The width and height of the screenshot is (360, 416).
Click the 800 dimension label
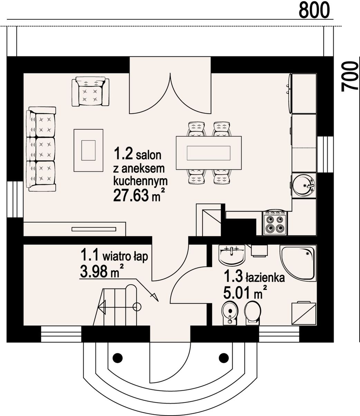click(315, 10)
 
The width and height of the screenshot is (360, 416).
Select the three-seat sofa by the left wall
click(41, 149)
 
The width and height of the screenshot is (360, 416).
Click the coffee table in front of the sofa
click(88, 151)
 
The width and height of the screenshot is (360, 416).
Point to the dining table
click(209, 153)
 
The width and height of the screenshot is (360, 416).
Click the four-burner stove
click(275, 223)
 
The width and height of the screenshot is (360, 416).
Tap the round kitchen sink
click(304, 185)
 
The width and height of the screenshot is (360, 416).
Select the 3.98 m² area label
click(102, 272)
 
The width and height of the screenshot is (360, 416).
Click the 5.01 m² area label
click(245, 294)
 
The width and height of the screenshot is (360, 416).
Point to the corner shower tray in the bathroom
click(298, 263)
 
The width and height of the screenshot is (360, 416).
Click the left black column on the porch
click(117, 358)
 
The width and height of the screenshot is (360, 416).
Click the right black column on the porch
click(224, 358)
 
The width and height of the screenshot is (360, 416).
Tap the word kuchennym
click(141, 181)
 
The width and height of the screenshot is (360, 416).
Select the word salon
click(149, 155)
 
